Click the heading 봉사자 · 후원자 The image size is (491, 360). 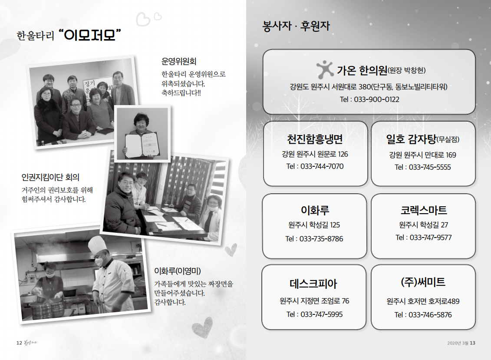click(296, 26)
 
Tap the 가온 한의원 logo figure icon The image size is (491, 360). click(325, 69)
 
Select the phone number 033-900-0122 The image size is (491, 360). click(376, 99)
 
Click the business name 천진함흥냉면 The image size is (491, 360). click(315, 139)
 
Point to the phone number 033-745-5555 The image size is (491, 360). click(430, 167)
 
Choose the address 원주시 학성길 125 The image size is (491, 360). click(314, 225)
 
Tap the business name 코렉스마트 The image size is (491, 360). click(424, 210)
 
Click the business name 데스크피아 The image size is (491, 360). click(313, 284)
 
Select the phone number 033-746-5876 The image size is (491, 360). click(430, 315)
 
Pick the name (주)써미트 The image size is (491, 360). click(423, 282)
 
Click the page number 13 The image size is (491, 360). click(472, 343)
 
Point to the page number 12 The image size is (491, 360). click(19, 343)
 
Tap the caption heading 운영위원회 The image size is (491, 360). click(179, 61)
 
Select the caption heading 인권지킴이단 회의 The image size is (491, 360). click(50, 177)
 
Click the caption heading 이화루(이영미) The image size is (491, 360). click(177, 271)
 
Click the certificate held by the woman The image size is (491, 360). click(142, 145)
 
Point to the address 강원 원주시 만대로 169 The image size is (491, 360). click(423, 155)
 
